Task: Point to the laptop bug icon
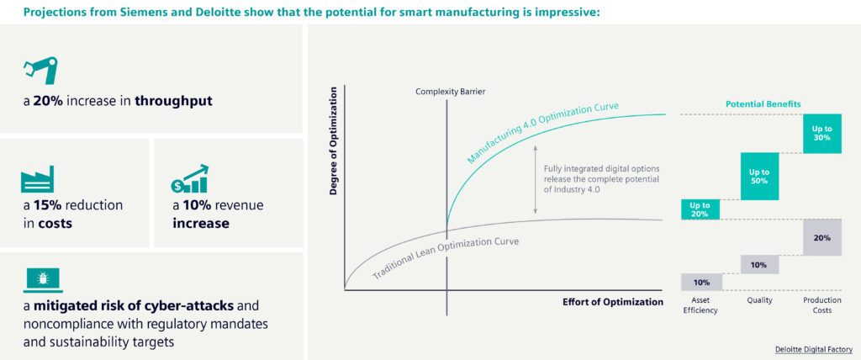tap(39, 278)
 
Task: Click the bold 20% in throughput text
tap(47, 102)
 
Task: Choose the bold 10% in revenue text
tap(198, 205)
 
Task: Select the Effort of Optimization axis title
tap(612, 301)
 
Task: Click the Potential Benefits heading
tap(763, 104)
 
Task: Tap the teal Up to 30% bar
tap(821, 134)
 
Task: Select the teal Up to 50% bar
tap(759, 177)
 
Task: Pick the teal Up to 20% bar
tap(700, 209)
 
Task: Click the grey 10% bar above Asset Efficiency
tap(700, 282)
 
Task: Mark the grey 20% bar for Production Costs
tap(821, 237)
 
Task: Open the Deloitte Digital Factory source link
tap(813, 348)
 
